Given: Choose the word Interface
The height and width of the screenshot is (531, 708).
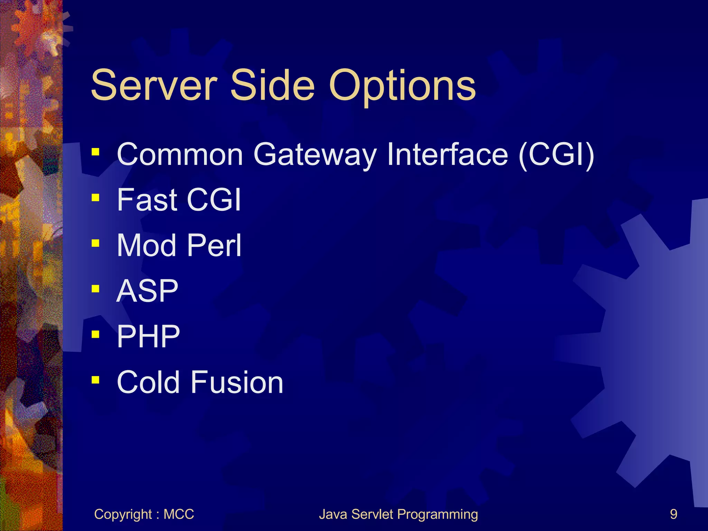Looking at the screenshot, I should [447, 154].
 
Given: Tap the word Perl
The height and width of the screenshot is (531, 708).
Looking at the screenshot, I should [214, 245].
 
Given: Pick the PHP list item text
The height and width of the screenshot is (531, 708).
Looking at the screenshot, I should [148, 336].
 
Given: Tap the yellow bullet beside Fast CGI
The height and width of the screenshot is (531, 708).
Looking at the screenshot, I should [96, 197].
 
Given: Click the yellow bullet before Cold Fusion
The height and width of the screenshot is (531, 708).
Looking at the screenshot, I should [96, 380].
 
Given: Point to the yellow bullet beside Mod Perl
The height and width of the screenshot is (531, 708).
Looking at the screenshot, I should [96, 243].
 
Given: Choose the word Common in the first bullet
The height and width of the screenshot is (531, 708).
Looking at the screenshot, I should [180, 155].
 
